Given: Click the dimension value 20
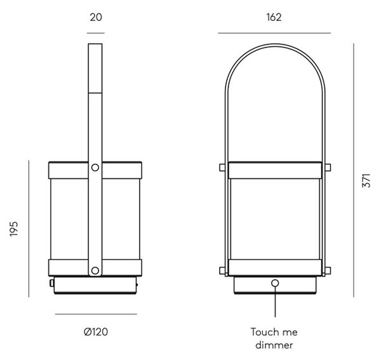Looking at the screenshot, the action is (x=96, y=17).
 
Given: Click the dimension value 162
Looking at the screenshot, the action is (x=274, y=17).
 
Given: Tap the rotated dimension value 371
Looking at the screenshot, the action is (x=366, y=180).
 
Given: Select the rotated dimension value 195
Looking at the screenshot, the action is (x=14, y=229).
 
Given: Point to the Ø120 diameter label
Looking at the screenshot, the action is (x=96, y=332).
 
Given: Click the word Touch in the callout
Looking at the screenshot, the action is (x=264, y=332).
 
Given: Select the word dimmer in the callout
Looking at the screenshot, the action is (x=274, y=345).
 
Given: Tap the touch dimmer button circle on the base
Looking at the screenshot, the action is (x=275, y=283).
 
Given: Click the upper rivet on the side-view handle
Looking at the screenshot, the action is (x=95, y=168).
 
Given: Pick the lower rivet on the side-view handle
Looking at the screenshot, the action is (x=95, y=270).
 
